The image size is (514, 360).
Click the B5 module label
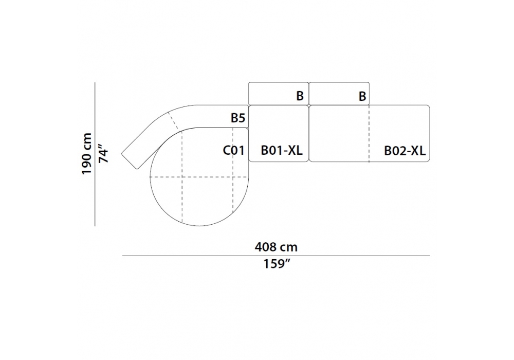pyautogui.click(x=238, y=118)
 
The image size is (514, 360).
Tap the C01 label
pyautogui.click(x=234, y=151)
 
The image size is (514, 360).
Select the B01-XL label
pyautogui.click(x=282, y=151)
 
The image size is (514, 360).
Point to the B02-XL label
pyautogui.click(x=405, y=151)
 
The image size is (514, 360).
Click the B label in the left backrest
pyautogui.click(x=300, y=96)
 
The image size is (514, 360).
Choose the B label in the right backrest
pyautogui.click(x=362, y=96)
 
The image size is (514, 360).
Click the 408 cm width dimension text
pyautogui.click(x=276, y=247)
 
